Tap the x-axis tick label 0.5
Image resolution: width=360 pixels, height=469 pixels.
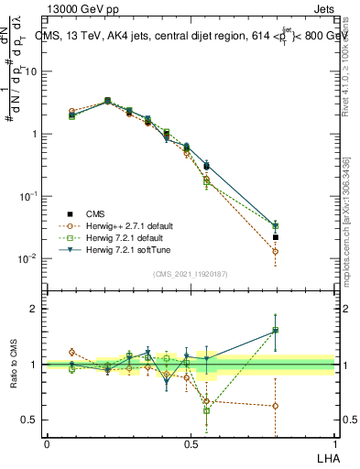(191, 442)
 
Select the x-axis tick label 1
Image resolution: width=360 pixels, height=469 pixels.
(334, 442)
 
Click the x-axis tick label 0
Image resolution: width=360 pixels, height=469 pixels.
(47, 442)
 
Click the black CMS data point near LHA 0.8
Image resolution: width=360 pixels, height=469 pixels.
(275, 237)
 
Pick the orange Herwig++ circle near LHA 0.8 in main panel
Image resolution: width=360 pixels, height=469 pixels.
(275, 251)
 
